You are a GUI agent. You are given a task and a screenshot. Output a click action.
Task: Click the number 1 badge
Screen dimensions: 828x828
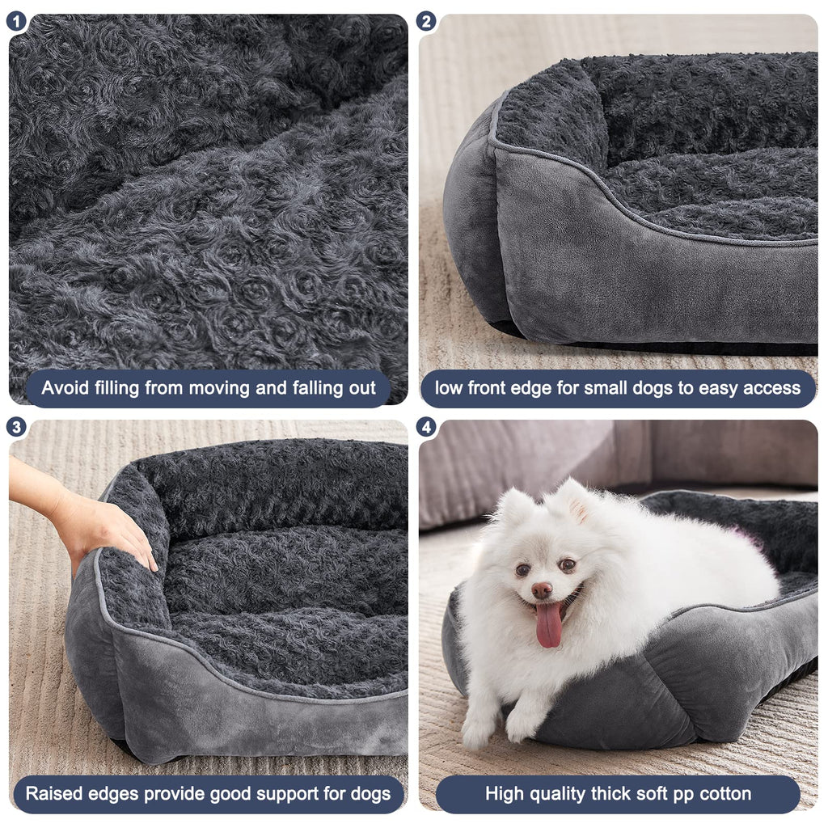coord(16,22)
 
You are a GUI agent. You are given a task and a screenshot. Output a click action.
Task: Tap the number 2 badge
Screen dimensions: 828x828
coord(427,22)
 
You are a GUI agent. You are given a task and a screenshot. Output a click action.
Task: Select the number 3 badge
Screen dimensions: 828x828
coord(16,427)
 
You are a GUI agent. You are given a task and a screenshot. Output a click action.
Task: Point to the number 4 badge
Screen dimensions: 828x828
coord(427,427)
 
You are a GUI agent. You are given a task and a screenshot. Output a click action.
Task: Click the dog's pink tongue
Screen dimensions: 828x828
coord(549,624)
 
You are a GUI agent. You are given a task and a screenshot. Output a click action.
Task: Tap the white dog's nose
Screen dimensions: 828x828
coord(542,590)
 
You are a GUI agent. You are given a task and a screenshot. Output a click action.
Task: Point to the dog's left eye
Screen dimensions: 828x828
coord(568,565)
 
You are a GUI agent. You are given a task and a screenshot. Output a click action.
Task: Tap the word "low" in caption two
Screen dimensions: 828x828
coord(450,388)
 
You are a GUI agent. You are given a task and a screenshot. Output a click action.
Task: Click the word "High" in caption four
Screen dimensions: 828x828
coord(505,793)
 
